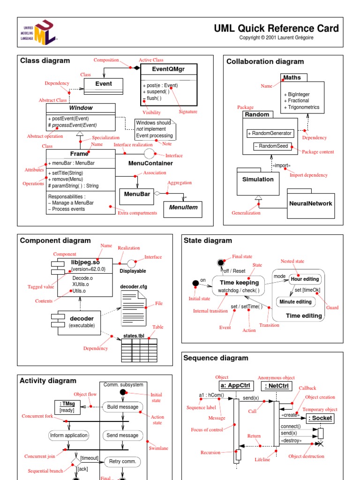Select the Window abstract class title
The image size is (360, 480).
click(81, 108)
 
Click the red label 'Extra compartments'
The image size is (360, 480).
click(137, 213)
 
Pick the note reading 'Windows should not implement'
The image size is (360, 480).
click(155, 129)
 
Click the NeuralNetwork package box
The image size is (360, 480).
click(310, 204)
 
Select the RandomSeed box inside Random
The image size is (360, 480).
click(270, 147)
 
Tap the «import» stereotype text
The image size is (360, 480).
click(281, 165)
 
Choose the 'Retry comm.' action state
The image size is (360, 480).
click(122, 461)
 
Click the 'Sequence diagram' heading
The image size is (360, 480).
click(216, 358)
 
